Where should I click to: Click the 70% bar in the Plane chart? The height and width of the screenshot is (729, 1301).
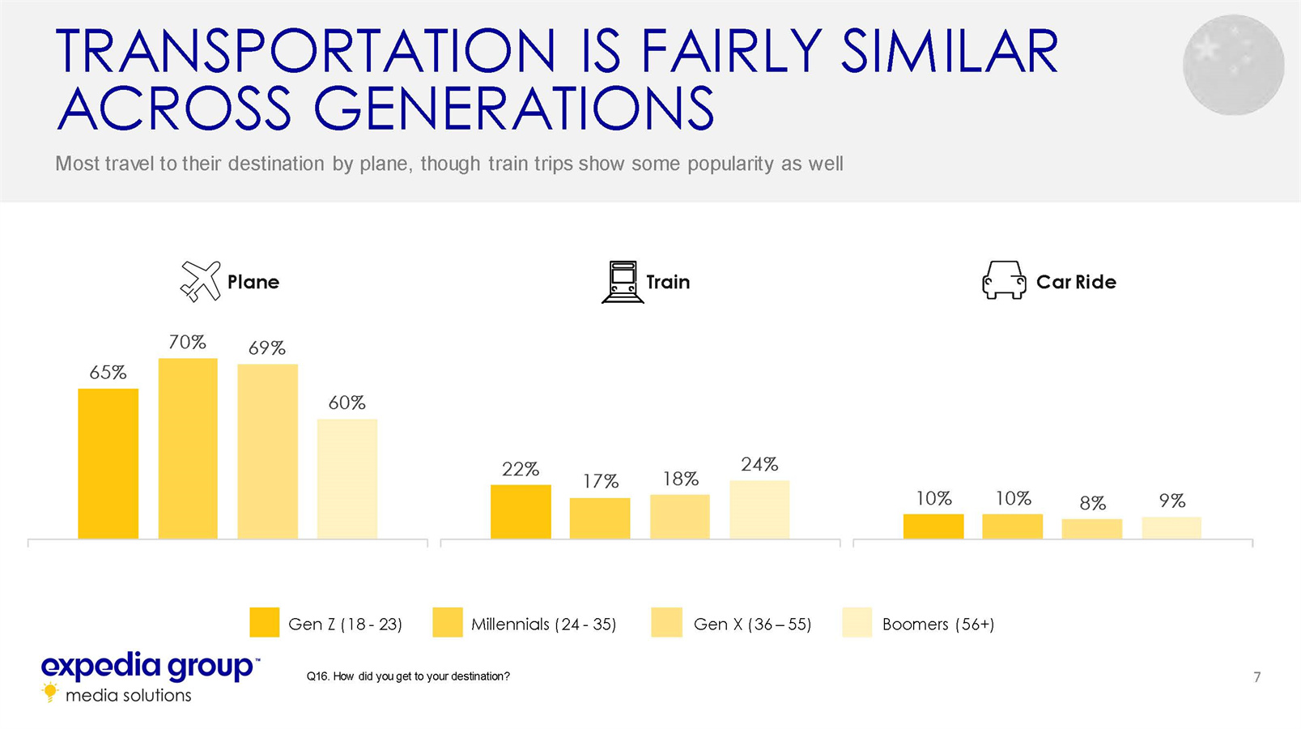tap(188, 449)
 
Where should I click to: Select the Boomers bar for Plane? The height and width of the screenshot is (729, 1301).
tap(347, 479)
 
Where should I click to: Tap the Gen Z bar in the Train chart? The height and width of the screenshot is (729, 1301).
tap(521, 512)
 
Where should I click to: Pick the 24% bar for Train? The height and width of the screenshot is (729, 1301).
tap(759, 509)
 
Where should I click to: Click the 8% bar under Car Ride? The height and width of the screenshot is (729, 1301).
tap(1092, 529)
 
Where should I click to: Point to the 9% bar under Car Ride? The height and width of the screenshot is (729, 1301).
tap(1171, 528)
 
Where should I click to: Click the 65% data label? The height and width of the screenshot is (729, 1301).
tap(108, 373)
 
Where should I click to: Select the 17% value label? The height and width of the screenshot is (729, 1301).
tap(601, 481)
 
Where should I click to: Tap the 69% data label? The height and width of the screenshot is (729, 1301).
tap(267, 348)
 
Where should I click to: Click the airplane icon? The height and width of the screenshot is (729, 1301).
tap(201, 282)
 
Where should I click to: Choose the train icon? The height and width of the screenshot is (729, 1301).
tap(623, 282)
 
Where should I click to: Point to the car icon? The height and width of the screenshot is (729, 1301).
tap(1004, 280)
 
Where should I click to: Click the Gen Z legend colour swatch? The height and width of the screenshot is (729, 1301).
tap(264, 623)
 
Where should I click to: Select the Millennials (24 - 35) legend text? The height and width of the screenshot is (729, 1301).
tap(543, 624)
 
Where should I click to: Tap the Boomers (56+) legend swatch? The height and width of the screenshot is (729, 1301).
tap(857, 623)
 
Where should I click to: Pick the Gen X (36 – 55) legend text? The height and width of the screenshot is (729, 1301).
tap(752, 624)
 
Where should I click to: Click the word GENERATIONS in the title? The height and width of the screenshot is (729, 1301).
tap(514, 109)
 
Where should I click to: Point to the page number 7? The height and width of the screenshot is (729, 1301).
tap(1256, 677)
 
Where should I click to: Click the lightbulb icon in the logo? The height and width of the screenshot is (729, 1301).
tap(50, 692)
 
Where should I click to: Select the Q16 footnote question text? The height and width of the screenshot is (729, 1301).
tap(408, 676)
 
